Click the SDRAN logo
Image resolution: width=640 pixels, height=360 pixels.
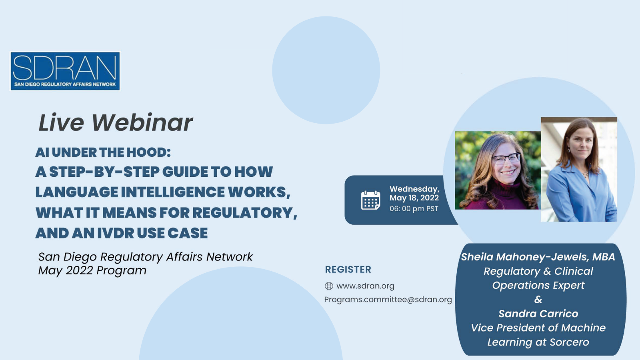coord(65,71)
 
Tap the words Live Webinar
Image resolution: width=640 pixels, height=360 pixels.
coord(116,123)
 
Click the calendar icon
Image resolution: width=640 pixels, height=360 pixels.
coord(370,200)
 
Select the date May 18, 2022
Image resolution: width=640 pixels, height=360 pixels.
coord(414,198)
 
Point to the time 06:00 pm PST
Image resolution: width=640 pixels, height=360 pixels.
coord(414,208)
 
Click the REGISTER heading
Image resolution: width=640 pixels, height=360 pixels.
coord(348,270)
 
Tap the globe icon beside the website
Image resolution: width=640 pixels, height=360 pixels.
coord(329,286)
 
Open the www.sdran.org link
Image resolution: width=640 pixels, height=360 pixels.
coord(365,286)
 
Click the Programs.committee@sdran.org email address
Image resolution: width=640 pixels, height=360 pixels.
coord(388,300)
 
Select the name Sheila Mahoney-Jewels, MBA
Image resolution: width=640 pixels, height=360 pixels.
coord(538,257)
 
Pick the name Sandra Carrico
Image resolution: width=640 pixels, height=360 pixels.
coord(538,314)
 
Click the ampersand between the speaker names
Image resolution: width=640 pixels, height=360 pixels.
coord(538,300)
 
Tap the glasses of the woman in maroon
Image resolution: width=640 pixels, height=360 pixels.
coord(506,158)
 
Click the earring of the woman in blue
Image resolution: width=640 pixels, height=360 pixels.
coord(569,150)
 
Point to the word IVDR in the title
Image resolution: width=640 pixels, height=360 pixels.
coord(116,233)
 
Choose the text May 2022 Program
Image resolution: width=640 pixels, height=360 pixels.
coord(92,270)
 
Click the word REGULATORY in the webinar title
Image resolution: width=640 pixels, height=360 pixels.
coord(244,213)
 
